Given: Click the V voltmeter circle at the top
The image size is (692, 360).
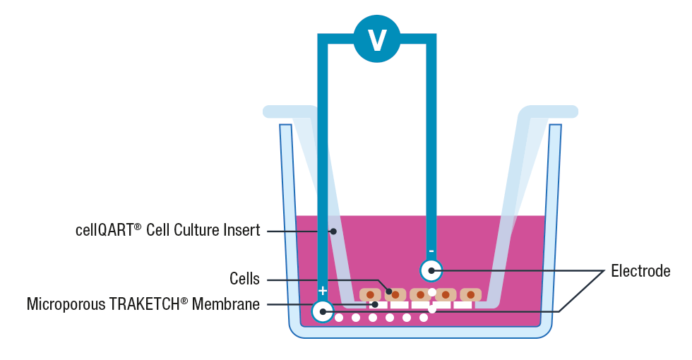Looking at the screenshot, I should [377, 39].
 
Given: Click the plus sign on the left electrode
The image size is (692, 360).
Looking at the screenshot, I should [323, 291].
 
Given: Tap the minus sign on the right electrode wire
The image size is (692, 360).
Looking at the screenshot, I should [431, 251].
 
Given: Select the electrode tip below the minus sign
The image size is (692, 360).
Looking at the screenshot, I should [431, 270].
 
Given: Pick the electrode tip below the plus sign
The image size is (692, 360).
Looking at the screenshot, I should [323, 311].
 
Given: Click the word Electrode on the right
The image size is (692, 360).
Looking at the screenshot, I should [640, 271].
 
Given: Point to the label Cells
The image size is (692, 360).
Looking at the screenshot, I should [244, 279].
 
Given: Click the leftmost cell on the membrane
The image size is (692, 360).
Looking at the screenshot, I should [370, 294].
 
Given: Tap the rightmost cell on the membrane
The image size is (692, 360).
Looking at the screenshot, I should [471, 294].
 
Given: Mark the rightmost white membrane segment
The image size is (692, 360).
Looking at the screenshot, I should [463, 305].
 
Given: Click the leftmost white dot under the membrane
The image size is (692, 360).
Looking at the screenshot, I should [339, 318].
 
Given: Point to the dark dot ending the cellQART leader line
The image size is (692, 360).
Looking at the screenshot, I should [333, 231].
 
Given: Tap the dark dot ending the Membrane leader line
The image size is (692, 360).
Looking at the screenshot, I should [375, 305].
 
